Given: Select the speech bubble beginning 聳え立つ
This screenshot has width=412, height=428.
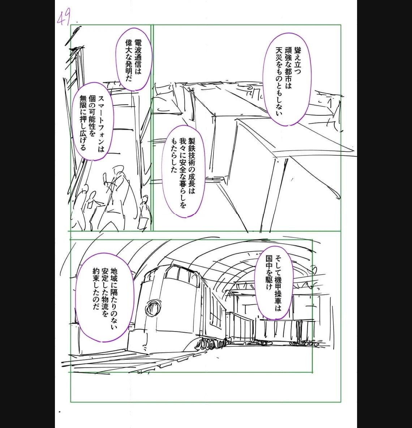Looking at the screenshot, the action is point(287,80).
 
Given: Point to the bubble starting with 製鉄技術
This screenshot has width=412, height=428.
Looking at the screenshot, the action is point(183,171).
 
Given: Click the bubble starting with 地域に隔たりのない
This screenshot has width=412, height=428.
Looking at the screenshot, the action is point(105,297).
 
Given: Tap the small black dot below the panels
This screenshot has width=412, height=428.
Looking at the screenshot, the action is point(60,412).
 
